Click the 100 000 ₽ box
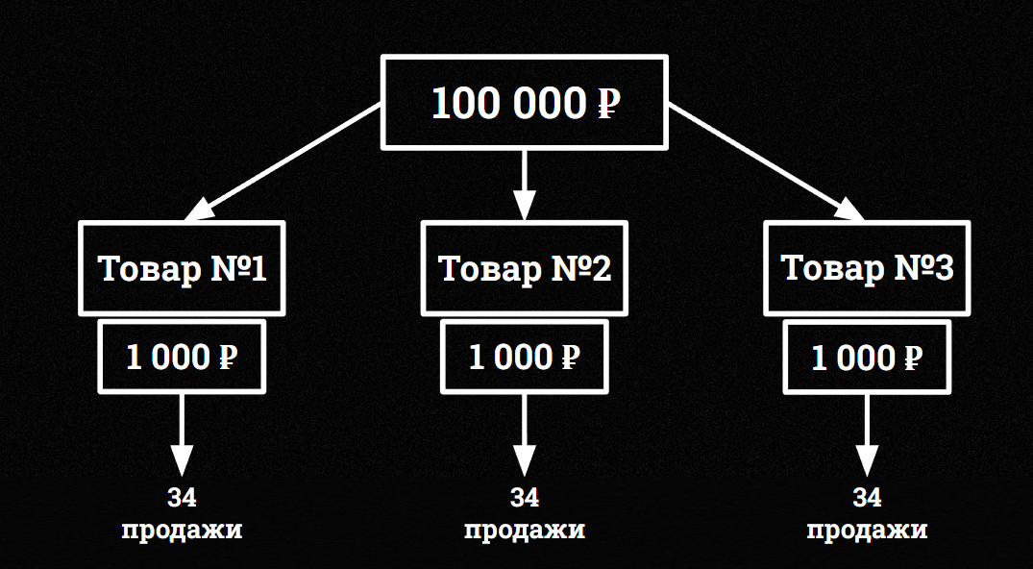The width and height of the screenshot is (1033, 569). (524, 102)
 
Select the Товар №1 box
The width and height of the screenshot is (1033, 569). (182, 268)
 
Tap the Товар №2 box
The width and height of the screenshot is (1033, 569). (524, 268)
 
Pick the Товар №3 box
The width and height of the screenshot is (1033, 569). (867, 268)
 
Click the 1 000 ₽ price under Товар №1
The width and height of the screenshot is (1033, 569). (182, 358)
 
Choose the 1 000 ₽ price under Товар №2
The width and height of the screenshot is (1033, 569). (524, 358)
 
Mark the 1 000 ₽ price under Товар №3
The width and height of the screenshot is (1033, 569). (867, 358)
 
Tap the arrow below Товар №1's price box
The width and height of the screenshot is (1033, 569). (182, 433)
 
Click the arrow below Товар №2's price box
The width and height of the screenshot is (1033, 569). (524, 433)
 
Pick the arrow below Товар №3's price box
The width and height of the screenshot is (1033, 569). (867, 433)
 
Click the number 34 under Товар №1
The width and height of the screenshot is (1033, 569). (182, 498)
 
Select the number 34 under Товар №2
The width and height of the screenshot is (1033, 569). (524, 498)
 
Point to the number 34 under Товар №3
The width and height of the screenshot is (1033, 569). (867, 498)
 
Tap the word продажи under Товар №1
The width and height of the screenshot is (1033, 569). (182, 530)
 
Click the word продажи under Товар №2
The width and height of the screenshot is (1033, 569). (524, 530)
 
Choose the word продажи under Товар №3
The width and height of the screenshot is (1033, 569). (867, 530)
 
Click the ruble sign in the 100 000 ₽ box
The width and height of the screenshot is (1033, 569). (607, 104)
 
